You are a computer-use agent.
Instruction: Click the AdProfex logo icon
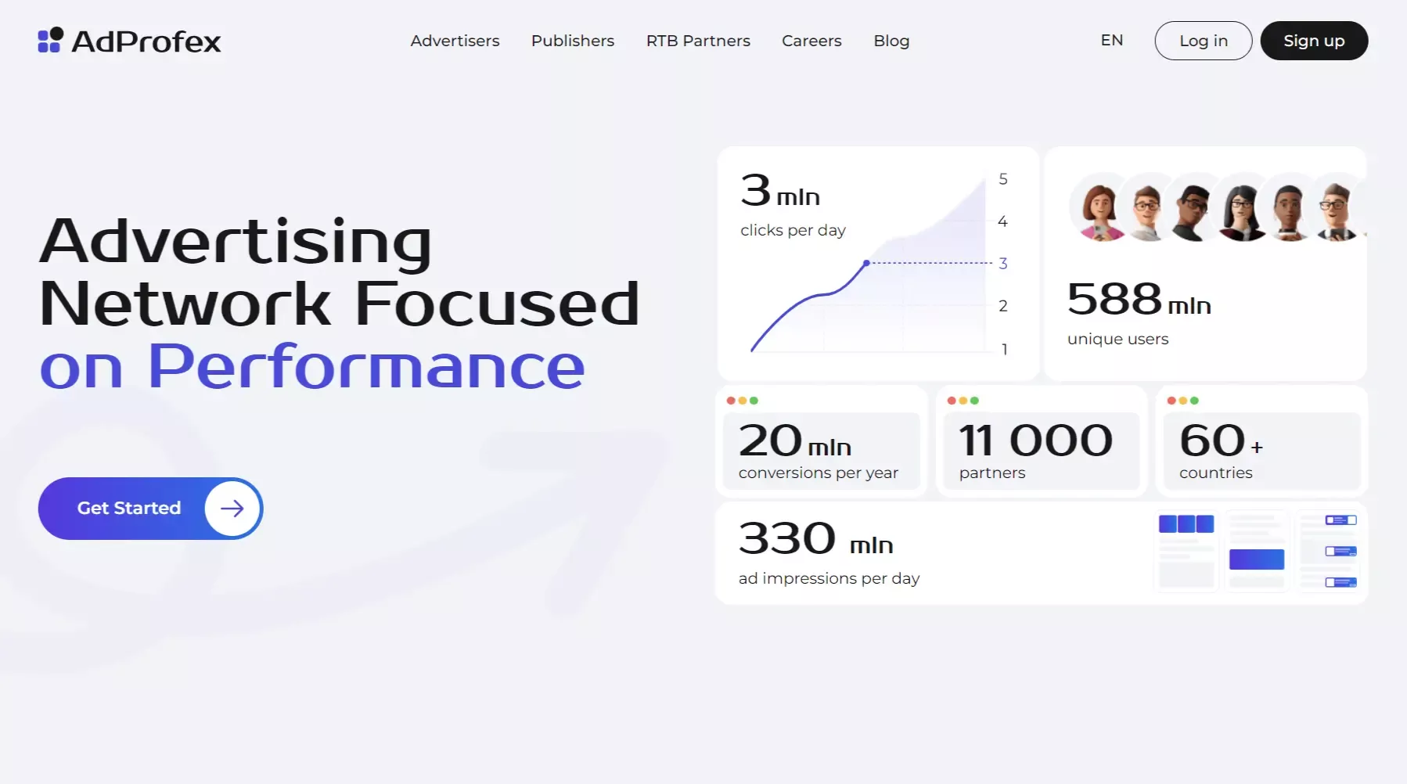(51, 40)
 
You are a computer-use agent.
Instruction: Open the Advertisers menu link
(455, 41)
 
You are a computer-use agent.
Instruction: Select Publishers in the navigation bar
(573, 41)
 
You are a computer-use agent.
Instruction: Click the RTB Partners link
(698, 41)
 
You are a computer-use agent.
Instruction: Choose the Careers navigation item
(811, 41)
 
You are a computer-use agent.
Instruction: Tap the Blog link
(891, 41)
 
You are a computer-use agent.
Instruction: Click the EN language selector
(1111, 40)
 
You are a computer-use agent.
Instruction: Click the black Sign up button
(1314, 41)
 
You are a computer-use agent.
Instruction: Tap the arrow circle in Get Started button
(232, 509)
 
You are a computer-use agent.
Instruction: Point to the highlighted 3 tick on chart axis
(1002, 264)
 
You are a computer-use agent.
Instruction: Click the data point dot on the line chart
(866, 263)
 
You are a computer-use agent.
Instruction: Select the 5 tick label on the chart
(1002, 179)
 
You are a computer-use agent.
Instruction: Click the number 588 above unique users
(1114, 299)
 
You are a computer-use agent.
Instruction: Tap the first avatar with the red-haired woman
(1099, 207)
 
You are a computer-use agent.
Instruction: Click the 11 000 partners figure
(1035, 441)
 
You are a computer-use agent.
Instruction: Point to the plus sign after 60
(1257, 447)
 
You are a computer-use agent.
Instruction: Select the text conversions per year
(818, 473)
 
